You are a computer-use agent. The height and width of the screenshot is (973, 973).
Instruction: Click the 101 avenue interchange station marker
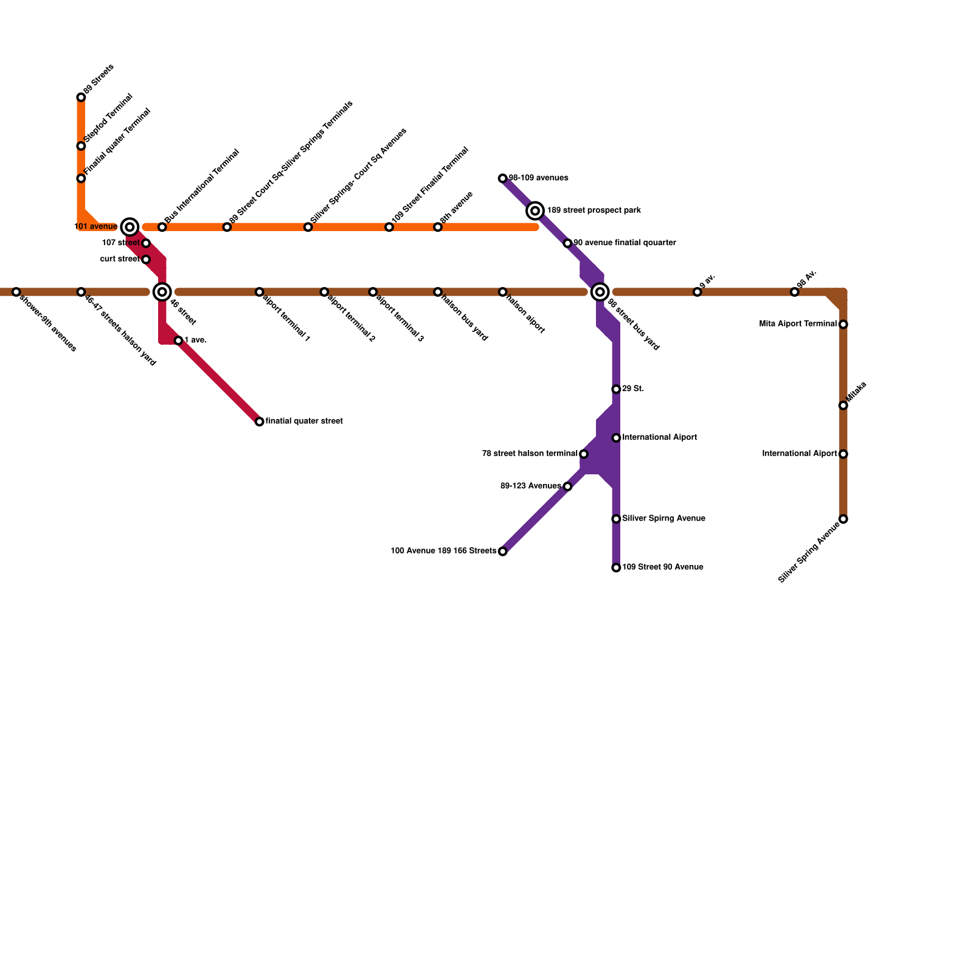click(130, 227)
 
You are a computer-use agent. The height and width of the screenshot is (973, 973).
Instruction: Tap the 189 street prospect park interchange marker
click(535, 210)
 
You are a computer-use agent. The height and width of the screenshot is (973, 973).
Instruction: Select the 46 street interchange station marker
click(162, 292)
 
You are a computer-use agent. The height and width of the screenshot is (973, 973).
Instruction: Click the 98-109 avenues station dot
click(502, 178)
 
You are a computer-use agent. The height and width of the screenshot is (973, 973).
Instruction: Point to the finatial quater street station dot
click(260, 421)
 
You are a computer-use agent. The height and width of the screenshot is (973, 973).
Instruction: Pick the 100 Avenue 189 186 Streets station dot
click(502, 552)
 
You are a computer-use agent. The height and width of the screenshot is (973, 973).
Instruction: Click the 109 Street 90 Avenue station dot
click(616, 567)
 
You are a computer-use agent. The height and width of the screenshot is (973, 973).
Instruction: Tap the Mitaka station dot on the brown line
click(843, 406)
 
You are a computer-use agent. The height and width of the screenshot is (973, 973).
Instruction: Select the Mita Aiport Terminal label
click(798, 324)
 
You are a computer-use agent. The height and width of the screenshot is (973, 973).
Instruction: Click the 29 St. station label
click(633, 389)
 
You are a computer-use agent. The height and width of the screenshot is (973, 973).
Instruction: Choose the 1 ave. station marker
click(178, 341)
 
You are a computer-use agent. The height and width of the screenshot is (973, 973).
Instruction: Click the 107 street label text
click(120, 243)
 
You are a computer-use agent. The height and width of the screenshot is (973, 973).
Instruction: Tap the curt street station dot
click(146, 260)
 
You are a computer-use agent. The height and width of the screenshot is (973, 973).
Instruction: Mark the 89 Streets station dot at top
click(81, 97)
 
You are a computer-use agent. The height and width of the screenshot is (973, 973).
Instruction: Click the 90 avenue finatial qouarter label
click(625, 243)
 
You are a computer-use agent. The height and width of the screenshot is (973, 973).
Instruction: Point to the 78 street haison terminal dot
click(584, 454)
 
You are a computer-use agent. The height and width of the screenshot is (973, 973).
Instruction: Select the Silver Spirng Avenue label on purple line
click(663, 519)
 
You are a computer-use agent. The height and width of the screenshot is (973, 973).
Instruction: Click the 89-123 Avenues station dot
click(567, 486)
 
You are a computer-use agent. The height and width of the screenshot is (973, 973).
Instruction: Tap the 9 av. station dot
click(697, 292)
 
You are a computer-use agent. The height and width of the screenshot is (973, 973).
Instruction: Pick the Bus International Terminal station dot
click(162, 227)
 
